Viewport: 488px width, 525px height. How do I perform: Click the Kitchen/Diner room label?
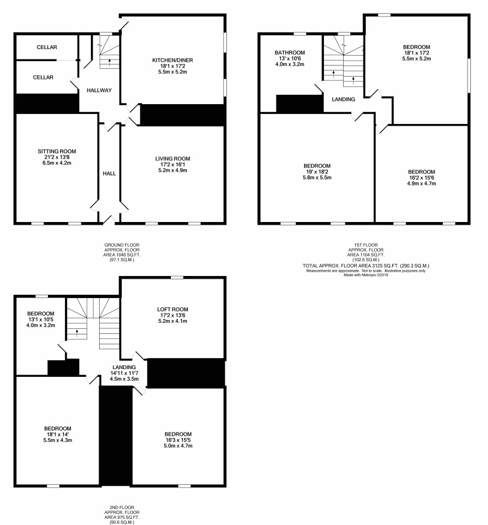point(172,60)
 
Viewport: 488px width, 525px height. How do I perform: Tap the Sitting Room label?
point(57,151)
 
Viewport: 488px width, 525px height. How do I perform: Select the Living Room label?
point(172,159)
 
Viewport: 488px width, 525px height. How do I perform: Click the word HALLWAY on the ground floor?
point(99,90)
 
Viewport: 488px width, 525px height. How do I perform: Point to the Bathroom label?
point(290,52)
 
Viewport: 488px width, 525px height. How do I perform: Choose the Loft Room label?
point(173,310)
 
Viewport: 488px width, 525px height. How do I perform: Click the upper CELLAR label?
point(47,47)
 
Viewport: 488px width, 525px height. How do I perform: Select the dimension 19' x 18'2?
point(317,172)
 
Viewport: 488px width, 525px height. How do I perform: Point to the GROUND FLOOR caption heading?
point(122,245)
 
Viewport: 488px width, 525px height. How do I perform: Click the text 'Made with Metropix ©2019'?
point(366,275)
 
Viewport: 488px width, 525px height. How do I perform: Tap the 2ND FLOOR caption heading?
point(122,507)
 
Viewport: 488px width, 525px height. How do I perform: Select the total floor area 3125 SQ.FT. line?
point(366,266)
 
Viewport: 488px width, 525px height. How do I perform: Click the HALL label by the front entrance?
point(109,174)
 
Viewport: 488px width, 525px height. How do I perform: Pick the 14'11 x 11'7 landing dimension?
point(124,373)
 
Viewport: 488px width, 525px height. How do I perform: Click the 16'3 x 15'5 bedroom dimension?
point(178,440)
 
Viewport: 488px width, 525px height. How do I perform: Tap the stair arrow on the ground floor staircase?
point(110,62)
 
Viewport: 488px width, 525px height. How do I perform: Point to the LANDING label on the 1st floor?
point(343,100)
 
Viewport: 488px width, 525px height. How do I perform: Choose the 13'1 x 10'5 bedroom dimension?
point(41,320)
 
